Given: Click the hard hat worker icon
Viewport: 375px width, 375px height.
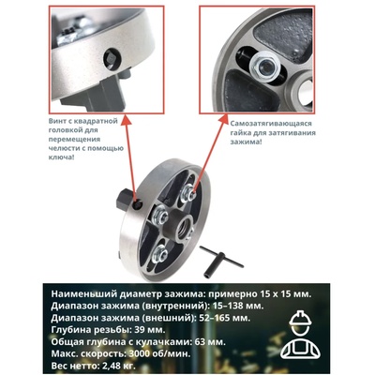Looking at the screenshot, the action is point(300,334).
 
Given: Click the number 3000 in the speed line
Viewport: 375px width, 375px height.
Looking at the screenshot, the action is point(138,354).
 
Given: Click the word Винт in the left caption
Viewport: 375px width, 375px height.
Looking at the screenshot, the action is point(58,121).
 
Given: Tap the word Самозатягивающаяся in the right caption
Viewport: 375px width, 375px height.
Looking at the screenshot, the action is point(270,124).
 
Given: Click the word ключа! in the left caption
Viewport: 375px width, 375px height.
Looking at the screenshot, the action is point(61,157).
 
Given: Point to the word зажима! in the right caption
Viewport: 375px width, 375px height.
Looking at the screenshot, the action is point(246,142).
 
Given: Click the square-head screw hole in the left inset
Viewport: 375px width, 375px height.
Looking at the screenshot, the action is point(110,57).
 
